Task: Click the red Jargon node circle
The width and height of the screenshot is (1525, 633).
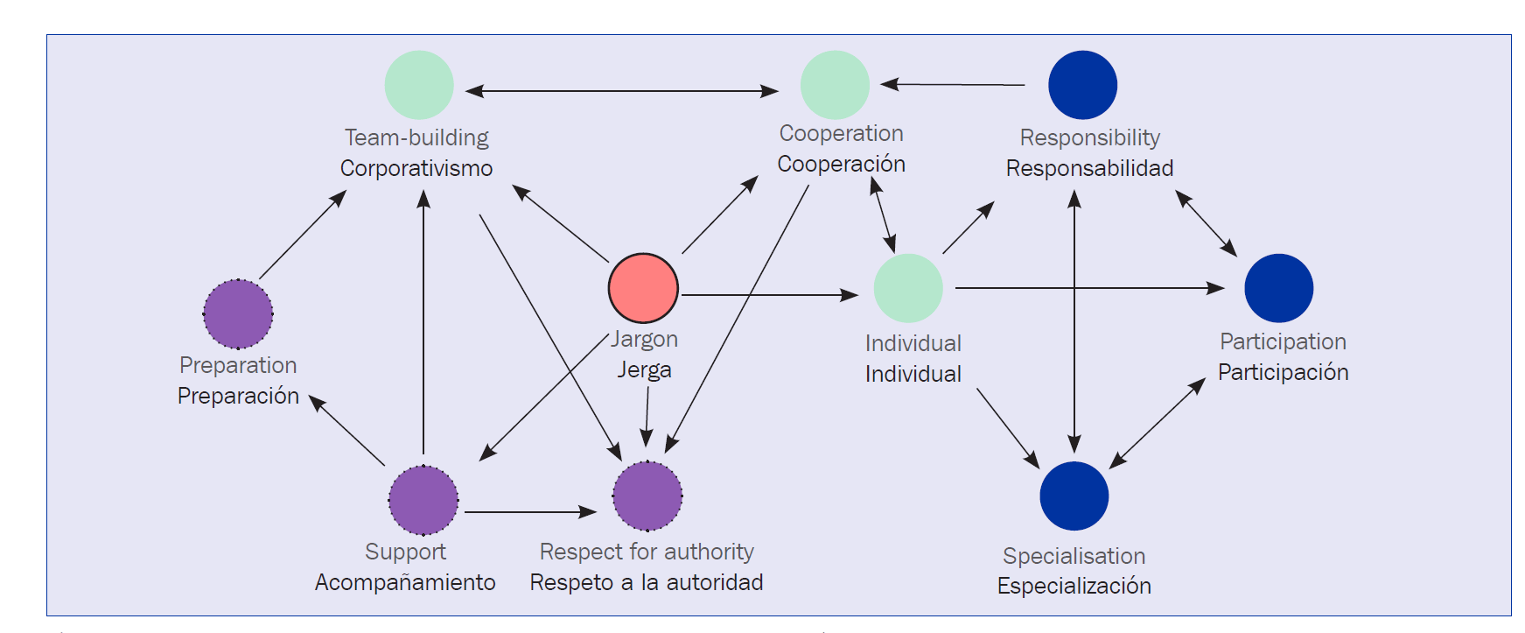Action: (x=643, y=288)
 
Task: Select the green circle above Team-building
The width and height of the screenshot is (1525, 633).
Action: (x=419, y=85)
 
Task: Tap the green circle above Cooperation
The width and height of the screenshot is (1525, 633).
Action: (x=835, y=85)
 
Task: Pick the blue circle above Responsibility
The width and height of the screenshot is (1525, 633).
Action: (x=1082, y=85)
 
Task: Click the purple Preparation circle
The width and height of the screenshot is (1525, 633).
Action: (x=238, y=313)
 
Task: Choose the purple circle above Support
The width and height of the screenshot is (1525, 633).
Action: (x=423, y=500)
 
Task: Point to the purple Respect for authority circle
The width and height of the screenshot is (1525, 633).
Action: (x=647, y=496)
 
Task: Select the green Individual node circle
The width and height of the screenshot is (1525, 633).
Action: (x=908, y=288)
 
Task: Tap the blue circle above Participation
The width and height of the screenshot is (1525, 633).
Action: (x=1278, y=288)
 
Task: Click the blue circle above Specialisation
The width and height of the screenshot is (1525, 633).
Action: (x=1074, y=496)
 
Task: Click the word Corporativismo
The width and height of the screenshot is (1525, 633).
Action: (x=416, y=168)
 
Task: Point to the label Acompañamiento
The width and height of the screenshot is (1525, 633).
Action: (x=405, y=582)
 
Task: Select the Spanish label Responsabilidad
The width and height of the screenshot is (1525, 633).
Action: (x=1089, y=168)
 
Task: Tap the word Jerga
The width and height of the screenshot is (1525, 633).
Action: (x=644, y=369)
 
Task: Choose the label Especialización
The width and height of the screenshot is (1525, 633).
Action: (x=1074, y=586)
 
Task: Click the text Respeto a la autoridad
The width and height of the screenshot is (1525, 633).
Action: (x=647, y=582)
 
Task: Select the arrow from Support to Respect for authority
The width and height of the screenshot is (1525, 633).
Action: (x=529, y=511)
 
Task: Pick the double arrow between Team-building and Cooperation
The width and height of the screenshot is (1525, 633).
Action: (x=621, y=90)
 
